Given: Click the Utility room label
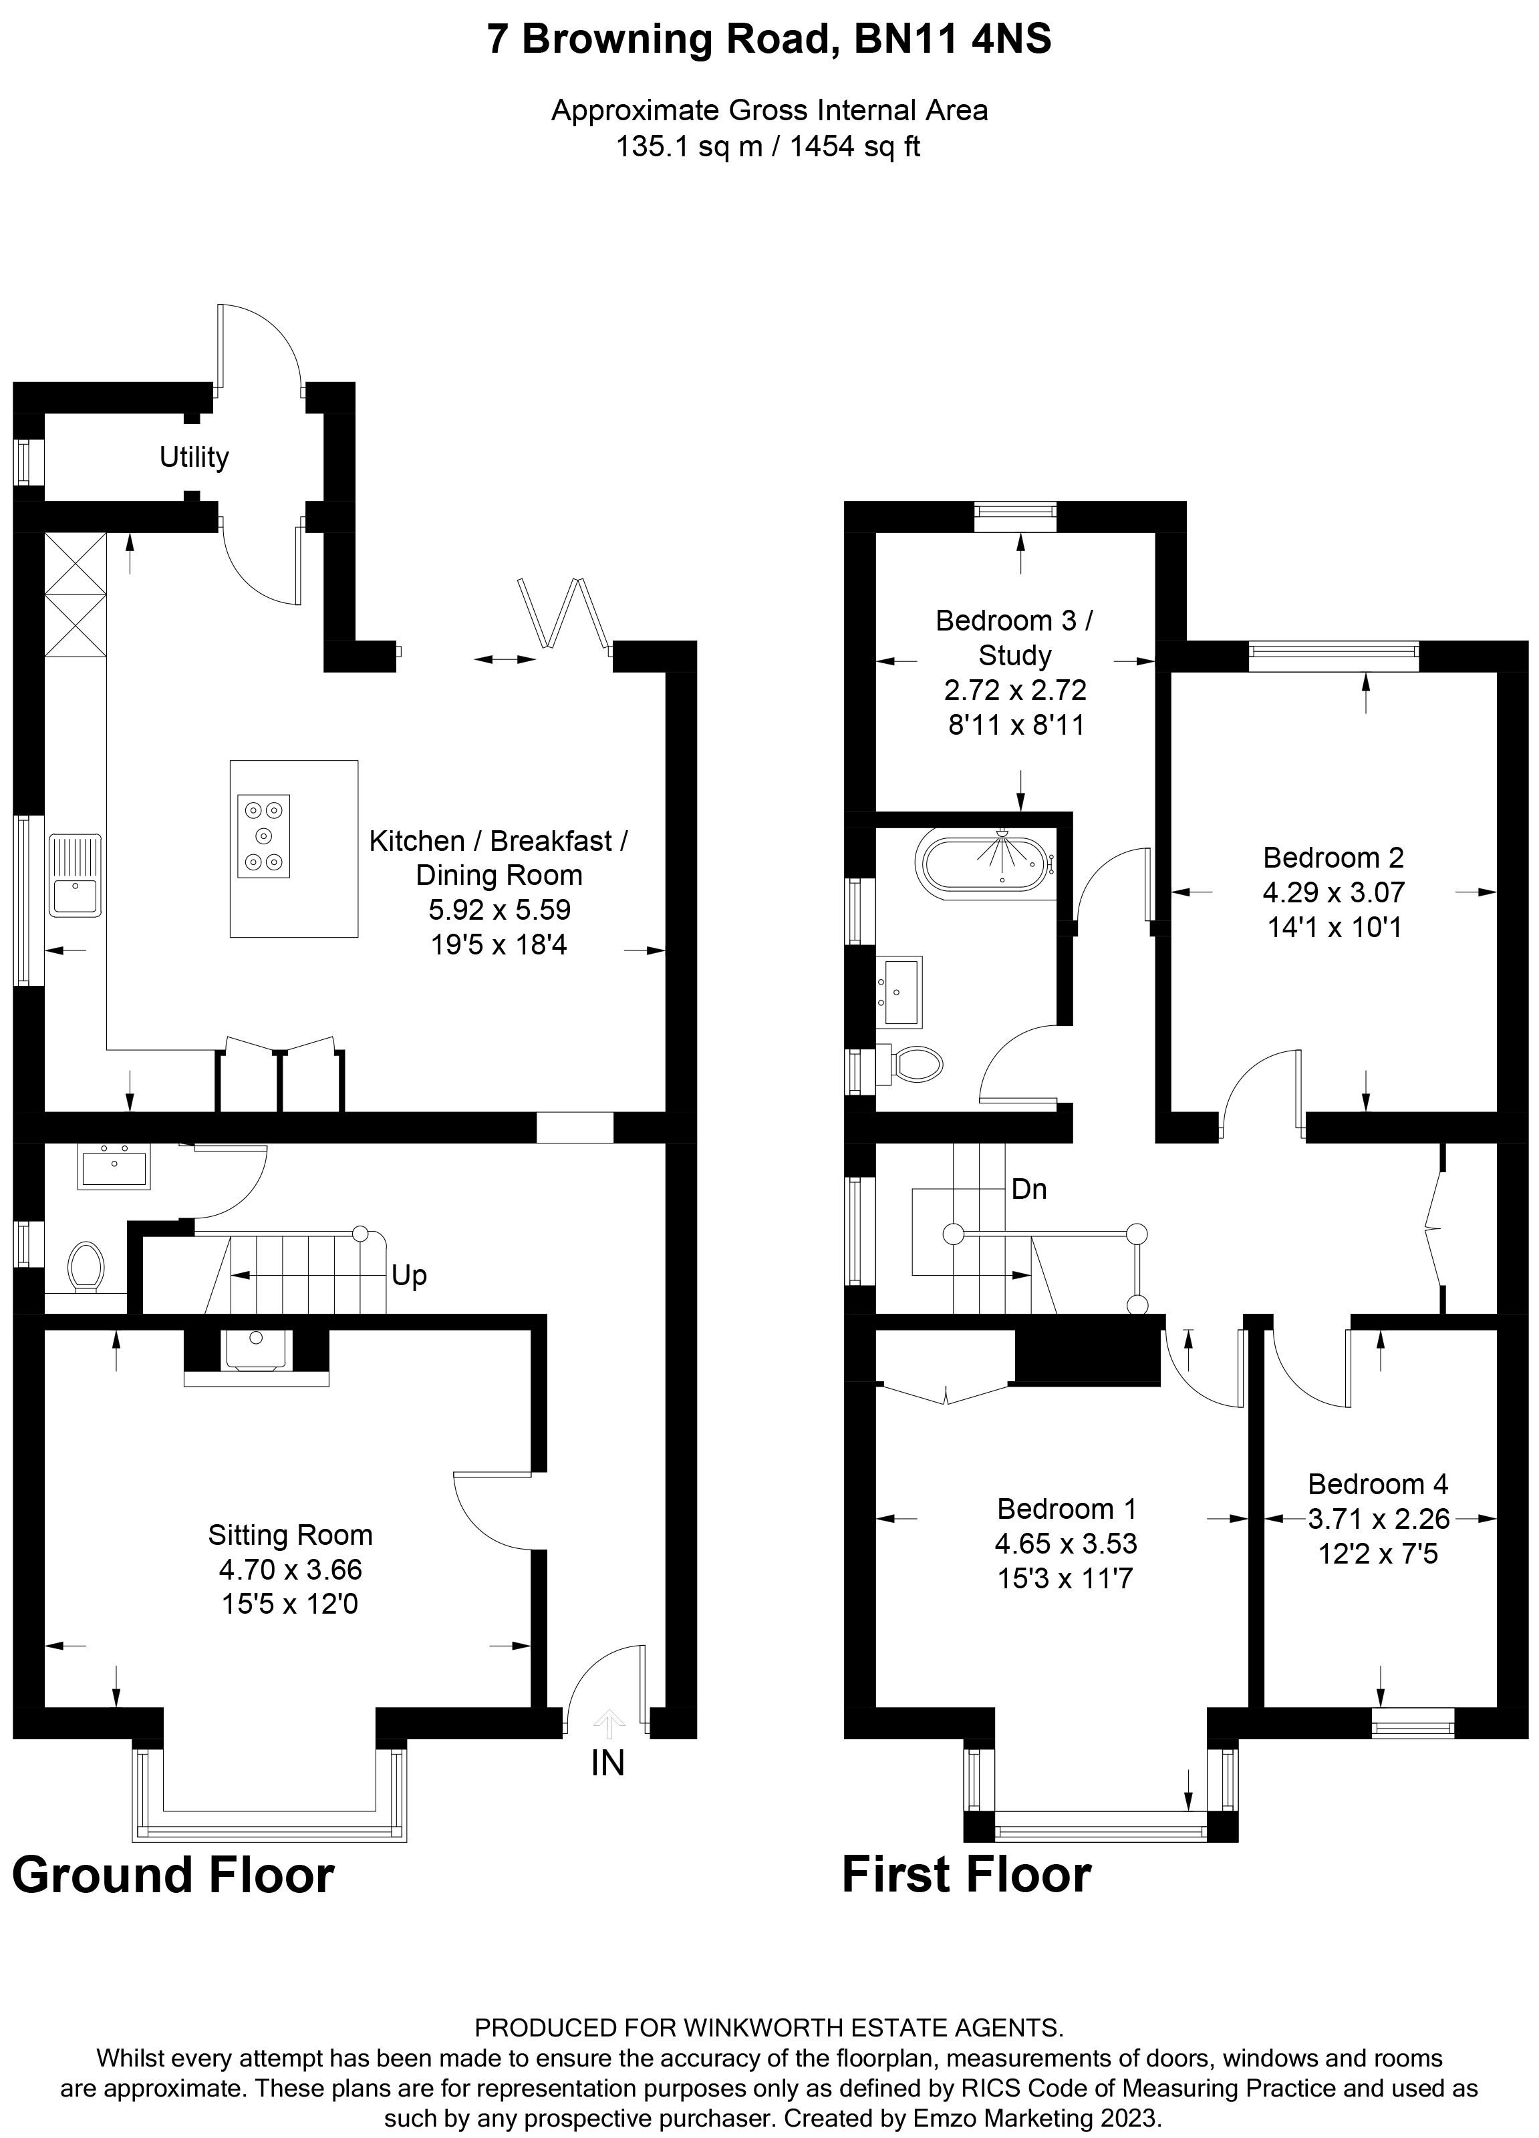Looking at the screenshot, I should pyautogui.click(x=194, y=458).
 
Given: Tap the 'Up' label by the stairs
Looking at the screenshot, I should pyautogui.click(x=409, y=1276).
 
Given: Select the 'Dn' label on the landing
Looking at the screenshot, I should pyautogui.click(x=1029, y=1190).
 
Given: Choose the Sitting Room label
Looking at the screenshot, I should pyautogui.click(x=291, y=1536).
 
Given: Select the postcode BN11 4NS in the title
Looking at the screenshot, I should pyautogui.click(x=952, y=41).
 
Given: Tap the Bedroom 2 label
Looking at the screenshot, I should pyautogui.click(x=1333, y=857).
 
